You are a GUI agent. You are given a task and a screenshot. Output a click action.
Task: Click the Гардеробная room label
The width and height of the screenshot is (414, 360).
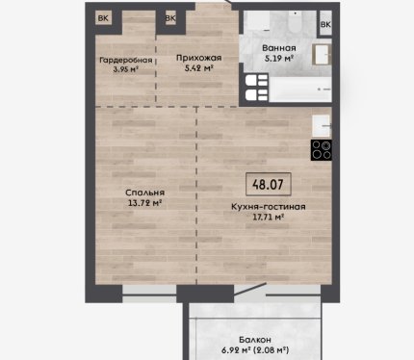(126, 61)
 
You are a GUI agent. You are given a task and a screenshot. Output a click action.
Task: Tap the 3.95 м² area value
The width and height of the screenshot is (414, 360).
(126, 69)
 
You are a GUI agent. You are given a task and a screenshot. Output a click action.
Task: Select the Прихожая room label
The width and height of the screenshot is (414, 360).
(199, 58)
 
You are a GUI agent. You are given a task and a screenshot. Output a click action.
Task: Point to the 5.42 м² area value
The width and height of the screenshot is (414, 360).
(199, 68)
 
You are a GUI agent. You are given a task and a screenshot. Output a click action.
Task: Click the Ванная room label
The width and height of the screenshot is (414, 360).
(279, 48)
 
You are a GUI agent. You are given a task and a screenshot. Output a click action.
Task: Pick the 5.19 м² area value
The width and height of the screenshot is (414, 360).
(279, 59)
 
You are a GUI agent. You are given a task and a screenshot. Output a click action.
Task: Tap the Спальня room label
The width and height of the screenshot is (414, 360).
(144, 193)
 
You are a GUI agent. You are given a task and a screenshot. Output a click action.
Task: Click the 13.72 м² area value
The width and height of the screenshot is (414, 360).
(144, 203)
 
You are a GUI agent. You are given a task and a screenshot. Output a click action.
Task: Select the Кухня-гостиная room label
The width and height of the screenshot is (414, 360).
(269, 207)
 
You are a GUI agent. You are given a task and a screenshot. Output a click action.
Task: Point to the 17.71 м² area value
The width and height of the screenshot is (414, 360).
(269, 218)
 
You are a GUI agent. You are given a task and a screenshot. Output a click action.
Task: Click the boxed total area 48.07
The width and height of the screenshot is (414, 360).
(269, 185)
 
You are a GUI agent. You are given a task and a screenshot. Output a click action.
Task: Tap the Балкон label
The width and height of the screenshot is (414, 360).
(255, 340)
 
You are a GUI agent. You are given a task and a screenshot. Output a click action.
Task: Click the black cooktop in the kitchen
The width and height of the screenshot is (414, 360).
(321, 150)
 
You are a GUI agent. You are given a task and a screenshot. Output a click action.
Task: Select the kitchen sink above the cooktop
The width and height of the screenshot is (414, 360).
(322, 125)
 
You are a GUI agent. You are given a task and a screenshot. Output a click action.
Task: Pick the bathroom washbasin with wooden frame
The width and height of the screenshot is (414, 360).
(322, 55)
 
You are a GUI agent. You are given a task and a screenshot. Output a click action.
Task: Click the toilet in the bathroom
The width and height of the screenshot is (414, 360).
(295, 21)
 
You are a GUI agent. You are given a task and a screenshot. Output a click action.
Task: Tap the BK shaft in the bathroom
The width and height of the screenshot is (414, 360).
(325, 24)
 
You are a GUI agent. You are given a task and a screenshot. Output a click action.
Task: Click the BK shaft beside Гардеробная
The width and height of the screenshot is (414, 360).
(103, 18)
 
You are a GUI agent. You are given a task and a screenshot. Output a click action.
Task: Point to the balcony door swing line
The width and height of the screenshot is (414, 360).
(250, 290)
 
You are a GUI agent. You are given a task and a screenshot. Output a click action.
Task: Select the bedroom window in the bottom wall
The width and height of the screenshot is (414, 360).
(149, 295)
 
